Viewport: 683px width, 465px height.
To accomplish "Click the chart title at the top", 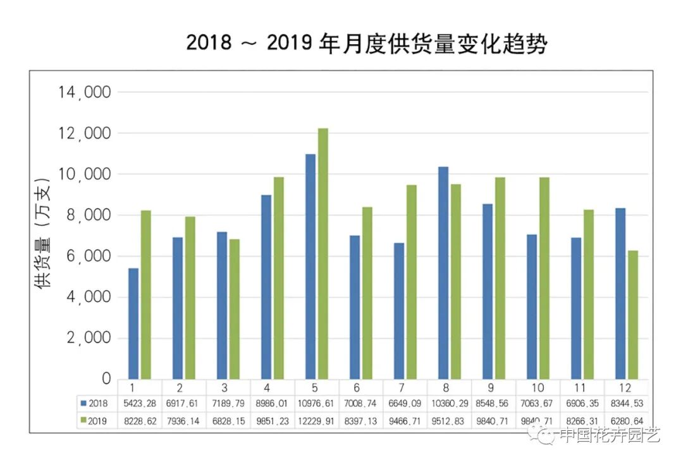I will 366,44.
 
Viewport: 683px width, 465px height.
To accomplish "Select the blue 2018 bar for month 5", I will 310,266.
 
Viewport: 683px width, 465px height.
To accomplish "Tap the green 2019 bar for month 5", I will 323,253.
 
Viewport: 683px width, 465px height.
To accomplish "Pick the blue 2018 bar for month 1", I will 133,323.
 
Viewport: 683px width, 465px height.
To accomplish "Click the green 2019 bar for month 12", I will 633,315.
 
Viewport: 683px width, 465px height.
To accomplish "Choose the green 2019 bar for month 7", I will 411,282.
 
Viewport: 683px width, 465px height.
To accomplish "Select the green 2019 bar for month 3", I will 235,309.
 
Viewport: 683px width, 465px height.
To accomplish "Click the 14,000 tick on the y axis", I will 84,93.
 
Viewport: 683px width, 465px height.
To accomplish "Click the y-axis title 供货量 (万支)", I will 43,233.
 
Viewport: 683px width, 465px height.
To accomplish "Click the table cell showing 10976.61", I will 317,402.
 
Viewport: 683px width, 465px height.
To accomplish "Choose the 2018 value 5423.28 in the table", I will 140,402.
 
